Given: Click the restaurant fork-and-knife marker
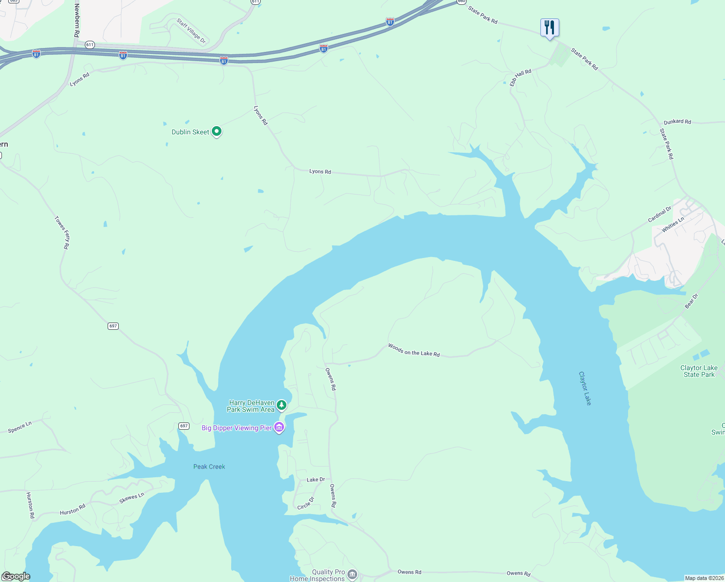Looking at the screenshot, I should (550, 27).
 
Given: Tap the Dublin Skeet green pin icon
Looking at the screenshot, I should (217, 131).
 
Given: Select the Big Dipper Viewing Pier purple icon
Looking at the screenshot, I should (279, 427).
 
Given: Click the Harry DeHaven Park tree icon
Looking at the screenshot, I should (281, 404).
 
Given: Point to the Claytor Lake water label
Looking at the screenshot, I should (585, 388).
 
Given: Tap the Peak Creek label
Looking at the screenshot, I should (209, 467).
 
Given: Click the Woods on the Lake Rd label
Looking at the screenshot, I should (414, 350).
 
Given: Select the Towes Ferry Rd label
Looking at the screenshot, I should (62, 233).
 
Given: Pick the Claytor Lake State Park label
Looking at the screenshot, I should (699, 371).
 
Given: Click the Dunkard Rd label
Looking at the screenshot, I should (677, 122).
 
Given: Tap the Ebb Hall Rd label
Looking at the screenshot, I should (520, 78).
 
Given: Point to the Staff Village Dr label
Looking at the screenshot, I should (191, 31).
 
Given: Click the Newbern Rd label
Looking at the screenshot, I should (77, 20).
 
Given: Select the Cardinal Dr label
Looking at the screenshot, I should (660, 214).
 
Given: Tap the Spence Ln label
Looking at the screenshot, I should (20, 427).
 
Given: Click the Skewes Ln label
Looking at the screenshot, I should (132, 498).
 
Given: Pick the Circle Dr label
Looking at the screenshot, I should (306, 503).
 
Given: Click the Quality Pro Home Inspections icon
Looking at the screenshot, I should (352, 575).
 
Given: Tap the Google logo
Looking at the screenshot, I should (16, 576).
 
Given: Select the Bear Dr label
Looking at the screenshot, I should (691, 301).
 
